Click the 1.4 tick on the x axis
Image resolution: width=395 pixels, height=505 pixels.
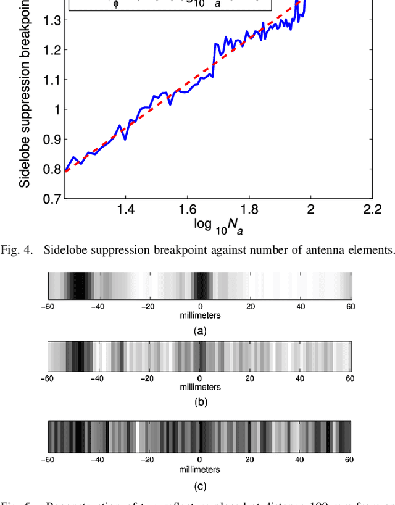[x=125, y=210]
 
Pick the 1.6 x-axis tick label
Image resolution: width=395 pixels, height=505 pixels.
[x=187, y=210]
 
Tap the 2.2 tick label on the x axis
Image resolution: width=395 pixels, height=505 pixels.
[x=372, y=210]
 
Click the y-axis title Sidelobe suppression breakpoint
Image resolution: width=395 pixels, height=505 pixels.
[x=24, y=93]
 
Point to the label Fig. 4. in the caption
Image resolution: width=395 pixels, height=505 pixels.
[x=21, y=249]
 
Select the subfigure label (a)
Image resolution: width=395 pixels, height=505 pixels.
[x=199, y=331]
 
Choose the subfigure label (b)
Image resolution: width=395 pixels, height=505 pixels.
[x=199, y=401]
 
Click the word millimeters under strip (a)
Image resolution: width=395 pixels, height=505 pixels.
[x=199, y=315]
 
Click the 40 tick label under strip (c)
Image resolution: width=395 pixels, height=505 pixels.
[x=300, y=460]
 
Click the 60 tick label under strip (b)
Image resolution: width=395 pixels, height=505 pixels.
[x=350, y=378]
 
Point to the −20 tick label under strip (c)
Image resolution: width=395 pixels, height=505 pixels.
[x=148, y=460]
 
